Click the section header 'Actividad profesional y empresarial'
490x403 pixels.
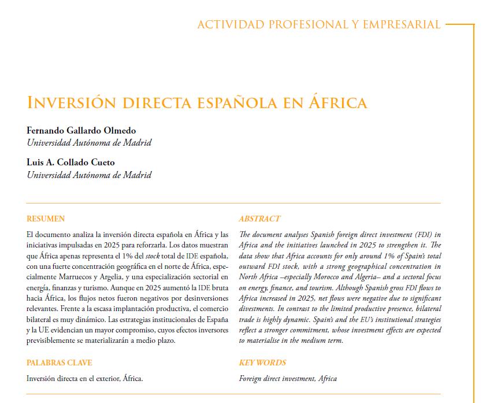(x=318, y=25)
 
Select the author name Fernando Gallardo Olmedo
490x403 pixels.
(x=81, y=130)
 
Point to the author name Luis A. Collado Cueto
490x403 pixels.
(x=70, y=162)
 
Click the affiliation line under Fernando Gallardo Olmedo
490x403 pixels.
(x=89, y=142)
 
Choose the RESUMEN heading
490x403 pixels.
(x=46, y=219)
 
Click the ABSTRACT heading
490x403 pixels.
(x=259, y=219)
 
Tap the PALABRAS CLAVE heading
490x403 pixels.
(x=59, y=363)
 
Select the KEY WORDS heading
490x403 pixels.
(x=262, y=363)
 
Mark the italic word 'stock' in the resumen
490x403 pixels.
(x=153, y=256)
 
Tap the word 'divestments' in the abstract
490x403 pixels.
(x=258, y=309)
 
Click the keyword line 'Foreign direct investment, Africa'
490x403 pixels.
(x=288, y=379)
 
